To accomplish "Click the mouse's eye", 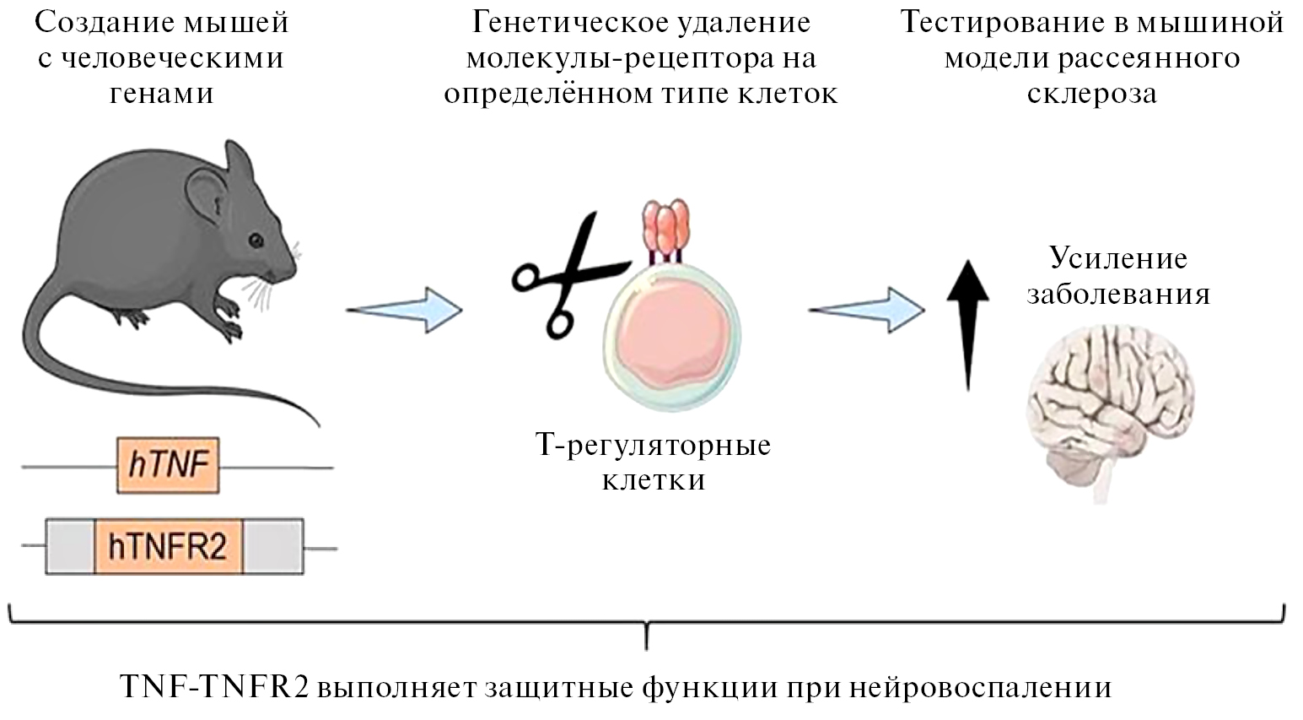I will (x=256, y=240).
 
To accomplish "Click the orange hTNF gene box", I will (x=169, y=465).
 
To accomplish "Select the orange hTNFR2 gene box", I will (x=169, y=548).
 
